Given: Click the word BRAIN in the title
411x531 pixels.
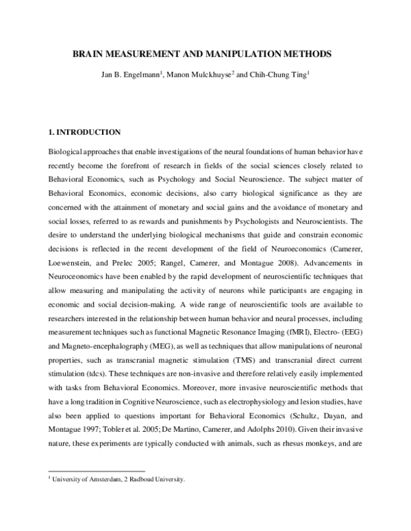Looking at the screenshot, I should click(87, 53).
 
